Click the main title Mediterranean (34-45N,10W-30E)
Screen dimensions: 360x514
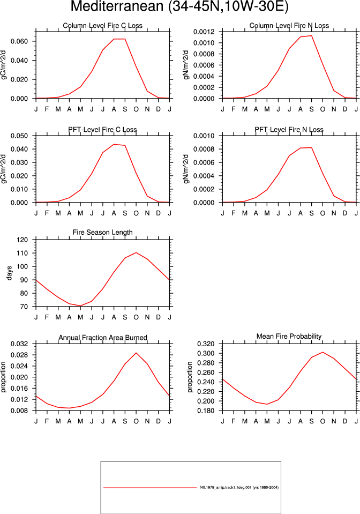pyautogui.click(x=179, y=7)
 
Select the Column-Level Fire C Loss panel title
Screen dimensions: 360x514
pyautogui.click(x=102, y=26)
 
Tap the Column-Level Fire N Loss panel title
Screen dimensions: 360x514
pyautogui.click(x=289, y=26)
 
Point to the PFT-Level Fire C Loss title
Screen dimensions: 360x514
pyautogui.click(x=102, y=130)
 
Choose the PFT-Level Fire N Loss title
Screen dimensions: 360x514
pyautogui.click(x=289, y=130)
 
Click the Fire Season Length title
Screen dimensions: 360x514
pyautogui.click(x=102, y=233)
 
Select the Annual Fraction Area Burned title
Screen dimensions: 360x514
pyautogui.click(x=103, y=338)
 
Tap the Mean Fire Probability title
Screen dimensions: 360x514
pyautogui.click(x=289, y=337)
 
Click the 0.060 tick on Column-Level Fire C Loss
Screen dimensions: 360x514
pyautogui.click(x=19, y=41)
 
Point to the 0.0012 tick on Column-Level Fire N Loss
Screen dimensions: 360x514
pyautogui.click(x=204, y=32)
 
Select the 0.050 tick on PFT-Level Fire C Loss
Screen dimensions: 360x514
pyautogui.click(x=19, y=136)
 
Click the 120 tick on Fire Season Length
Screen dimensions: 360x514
pyautogui.click(x=22, y=240)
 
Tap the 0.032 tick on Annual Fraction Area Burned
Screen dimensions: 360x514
pyautogui.click(x=19, y=344)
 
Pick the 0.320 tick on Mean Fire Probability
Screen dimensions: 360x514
pyautogui.click(x=206, y=344)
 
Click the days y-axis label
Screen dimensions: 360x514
pyautogui.click(x=9, y=273)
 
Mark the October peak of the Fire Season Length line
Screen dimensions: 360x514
pyautogui.click(x=136, y=252)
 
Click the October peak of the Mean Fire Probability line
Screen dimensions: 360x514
pyautogui.click(x=322, y=352)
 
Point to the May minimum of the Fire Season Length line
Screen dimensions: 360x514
pyautogui.click(x=80, y=306)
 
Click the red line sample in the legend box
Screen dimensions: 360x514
pyautogui.click(x=150, y=487)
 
